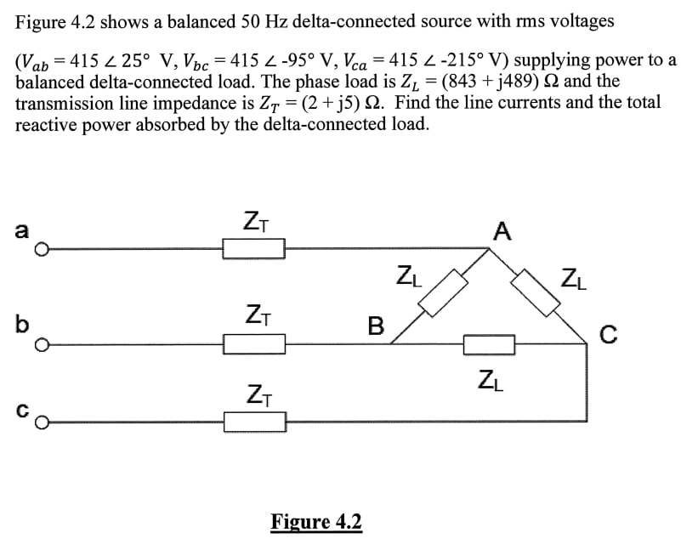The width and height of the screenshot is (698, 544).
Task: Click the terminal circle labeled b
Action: (40, 345)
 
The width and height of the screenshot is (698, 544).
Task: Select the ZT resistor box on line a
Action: (253, 249)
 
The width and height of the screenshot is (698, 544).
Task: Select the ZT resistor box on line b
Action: (253, 344)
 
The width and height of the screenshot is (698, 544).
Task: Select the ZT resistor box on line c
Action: (253, 422)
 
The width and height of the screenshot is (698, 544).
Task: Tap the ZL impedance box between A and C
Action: (537, 292)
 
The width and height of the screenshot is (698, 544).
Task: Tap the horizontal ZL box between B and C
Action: (489, 344)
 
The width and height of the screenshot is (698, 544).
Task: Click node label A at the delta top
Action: (502, 230)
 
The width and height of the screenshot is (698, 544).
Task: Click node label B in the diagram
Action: (374, 325)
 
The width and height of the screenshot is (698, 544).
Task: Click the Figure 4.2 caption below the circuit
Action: (316, 520)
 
